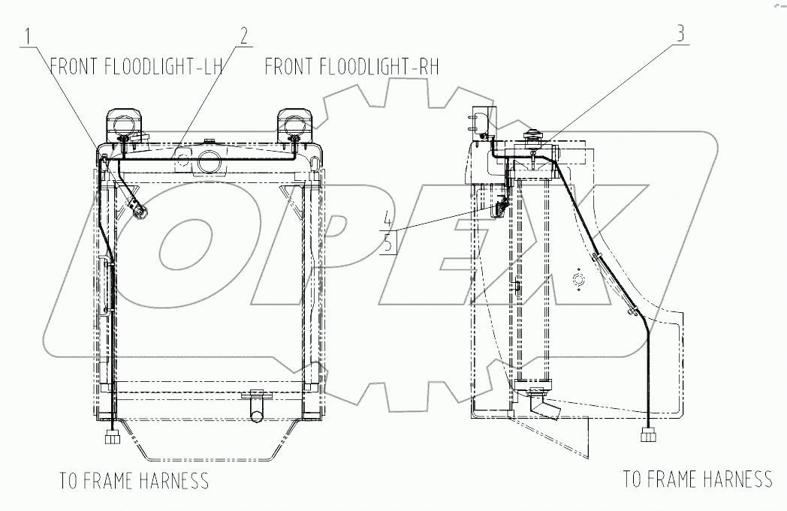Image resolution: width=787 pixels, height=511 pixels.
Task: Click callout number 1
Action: [29, 35]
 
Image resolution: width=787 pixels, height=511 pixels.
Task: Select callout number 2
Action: [243, 35]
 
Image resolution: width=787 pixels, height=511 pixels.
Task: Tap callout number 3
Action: [680, 34]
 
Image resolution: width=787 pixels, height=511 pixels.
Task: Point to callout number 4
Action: [387, 219]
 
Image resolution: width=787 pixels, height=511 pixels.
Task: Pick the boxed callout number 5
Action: [387, 242]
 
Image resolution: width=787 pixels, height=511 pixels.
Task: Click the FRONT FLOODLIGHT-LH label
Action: [136, 67]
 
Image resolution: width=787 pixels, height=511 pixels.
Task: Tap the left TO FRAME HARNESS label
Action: [134, 480]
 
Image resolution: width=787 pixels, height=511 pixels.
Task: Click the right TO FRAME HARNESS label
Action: [698, 478]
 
